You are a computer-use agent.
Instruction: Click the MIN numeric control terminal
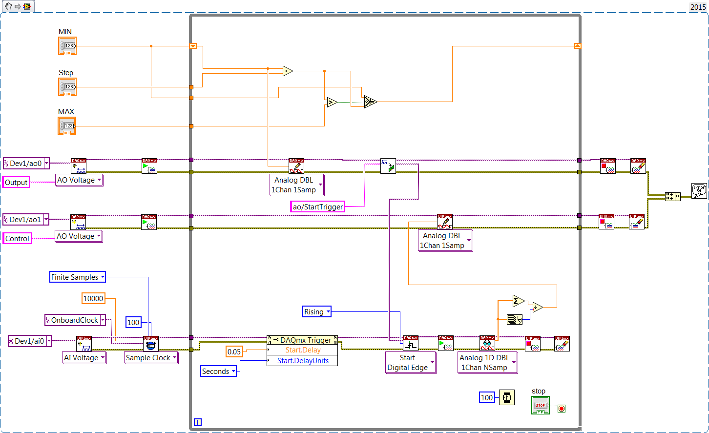pyautogui.click(x=67, y=46)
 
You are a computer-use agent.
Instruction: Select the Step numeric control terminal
pyautogui.click(x=67, y=87)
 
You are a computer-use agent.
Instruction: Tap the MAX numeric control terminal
pyautogui.click(x=67, y=126)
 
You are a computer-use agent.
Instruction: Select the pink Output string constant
pyautogui.click(x=16, y=182)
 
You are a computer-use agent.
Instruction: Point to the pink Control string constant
pyautogui.click(x=17, y=238)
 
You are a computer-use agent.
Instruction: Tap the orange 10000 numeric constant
pyautogui.click(x=93, y=298)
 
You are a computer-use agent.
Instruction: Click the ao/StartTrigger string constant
pyautogui.click(x=318, y=206)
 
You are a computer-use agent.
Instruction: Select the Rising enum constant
pyautogui.click(x=317, y=311)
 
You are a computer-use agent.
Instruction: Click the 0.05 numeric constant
pyautogui.click(x=234, y=351)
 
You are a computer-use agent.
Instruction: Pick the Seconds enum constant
pyautogui.click(x=218, y=371)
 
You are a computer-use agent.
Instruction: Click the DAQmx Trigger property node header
pyautogui.click(x=302, y=340)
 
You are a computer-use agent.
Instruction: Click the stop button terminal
pyautogui.click(x=541, y=405)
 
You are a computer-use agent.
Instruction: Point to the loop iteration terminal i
pyautogui.click(x=197, y=422)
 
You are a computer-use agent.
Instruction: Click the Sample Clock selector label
pyautogui.click(x=151, y=357)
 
